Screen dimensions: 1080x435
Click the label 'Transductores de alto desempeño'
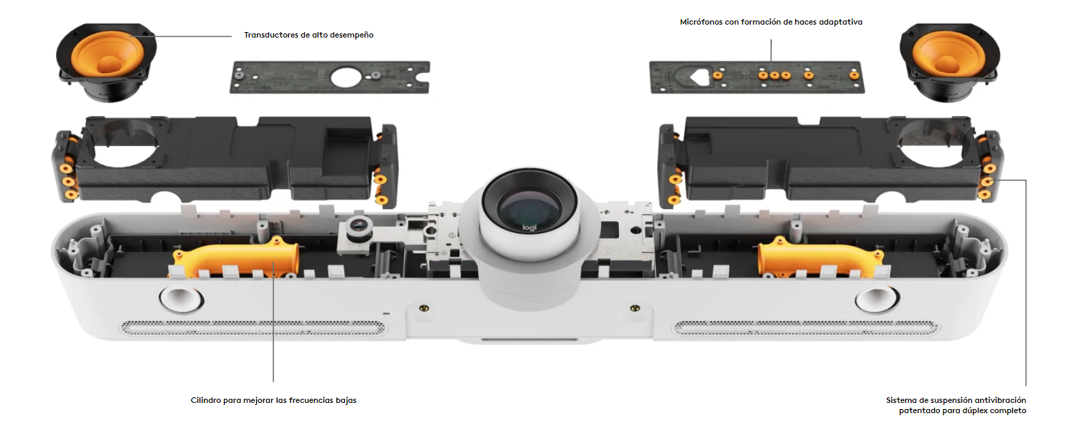pos(309,35)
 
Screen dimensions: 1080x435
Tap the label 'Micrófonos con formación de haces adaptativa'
pos(771,22)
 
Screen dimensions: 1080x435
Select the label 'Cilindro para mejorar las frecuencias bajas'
pos(273,400)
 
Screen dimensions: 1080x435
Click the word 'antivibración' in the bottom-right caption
pos(999,400)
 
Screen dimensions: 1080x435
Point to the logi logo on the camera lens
pos(529,227)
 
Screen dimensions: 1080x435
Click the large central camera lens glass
pos(529,205)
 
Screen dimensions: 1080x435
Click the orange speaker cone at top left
pos(107,54)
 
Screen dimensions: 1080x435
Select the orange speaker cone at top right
pos(950,54)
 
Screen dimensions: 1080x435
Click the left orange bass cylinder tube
pos(236,257)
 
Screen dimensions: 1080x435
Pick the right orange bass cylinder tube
pos(820,257)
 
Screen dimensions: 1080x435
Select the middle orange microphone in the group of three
pos(775,76)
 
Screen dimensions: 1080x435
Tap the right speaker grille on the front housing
pos(805,328)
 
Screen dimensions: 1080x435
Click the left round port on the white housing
pos(181,299)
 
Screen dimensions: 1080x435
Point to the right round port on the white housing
pos(877,299)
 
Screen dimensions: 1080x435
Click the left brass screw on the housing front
pos(424,308)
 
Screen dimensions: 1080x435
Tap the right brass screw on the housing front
pos(635,308)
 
